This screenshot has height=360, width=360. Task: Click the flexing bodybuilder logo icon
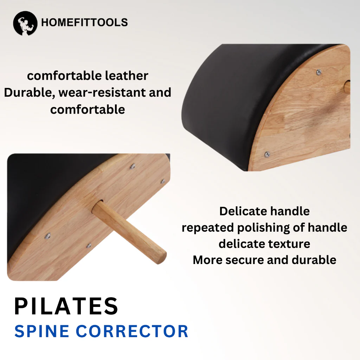coord(25,23)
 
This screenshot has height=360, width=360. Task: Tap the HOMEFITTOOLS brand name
coord(84,23)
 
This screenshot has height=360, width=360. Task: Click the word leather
coord(128,76)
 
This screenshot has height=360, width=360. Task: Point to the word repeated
coord(207,227)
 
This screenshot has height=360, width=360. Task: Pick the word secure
coord(257,260)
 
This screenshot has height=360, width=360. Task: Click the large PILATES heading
coord(66,306)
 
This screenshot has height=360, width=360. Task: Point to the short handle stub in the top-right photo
coord(347,86)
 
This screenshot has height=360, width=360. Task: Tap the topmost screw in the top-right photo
coord(319,72)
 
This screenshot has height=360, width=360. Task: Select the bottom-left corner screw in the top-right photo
coord(267,154)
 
